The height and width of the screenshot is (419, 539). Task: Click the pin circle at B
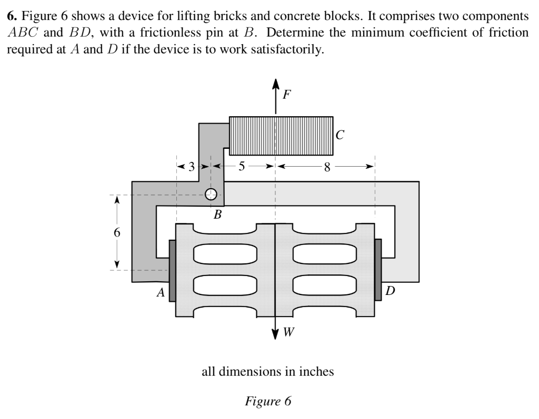point(211,195)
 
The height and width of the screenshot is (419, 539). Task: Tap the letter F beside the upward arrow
point(286,95)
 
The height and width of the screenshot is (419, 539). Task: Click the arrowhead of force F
point(275,84)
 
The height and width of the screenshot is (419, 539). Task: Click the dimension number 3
point(192,167)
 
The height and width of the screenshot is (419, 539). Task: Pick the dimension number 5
point(242,167)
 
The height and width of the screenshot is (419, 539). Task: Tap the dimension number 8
point(327,167)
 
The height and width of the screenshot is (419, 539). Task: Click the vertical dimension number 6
point(117,232)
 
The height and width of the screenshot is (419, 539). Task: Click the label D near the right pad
point(390,291)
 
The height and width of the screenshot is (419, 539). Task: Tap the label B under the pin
point(217,214)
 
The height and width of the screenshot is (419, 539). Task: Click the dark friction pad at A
point(172,270)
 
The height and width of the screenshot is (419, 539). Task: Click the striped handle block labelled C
point(282,136)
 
